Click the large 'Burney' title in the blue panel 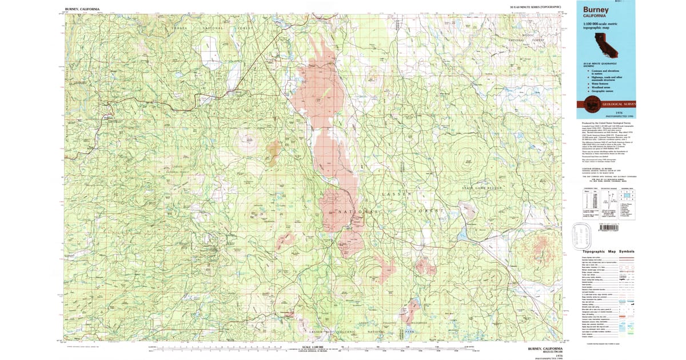pyautogui.click(x=596, y=10)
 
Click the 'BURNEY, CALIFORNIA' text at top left pyautogui.click(x=82, y=9)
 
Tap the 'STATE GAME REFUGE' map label pyautogui.click(x=484, y=187)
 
